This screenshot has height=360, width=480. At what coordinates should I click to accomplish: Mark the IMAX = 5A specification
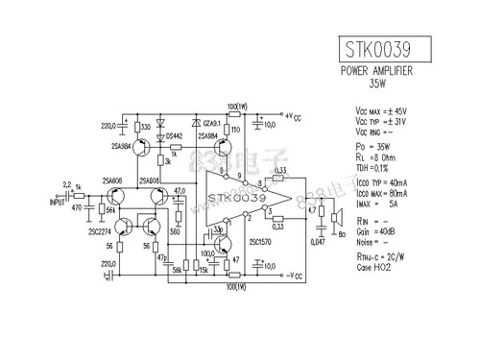click(x=377, y=203)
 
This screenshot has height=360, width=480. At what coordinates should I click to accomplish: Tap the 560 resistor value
click(x=176, y=232)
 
